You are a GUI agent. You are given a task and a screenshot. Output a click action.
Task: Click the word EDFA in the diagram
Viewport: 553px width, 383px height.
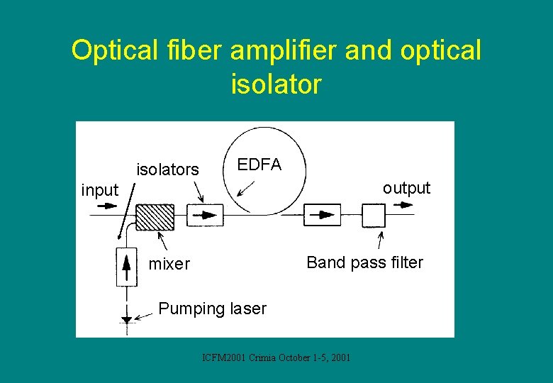click(259, 165)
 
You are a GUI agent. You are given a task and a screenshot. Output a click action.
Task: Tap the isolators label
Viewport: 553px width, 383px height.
click(168, 170)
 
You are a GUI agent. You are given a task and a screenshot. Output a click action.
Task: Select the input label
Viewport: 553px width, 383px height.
click(100, 190)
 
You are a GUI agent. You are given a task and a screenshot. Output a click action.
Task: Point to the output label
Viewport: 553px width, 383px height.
click(406, 188)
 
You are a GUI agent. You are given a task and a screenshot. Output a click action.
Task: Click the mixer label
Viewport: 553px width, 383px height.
click(169, 265)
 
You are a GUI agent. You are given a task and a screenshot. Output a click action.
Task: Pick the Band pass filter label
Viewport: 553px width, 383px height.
click(364, 263)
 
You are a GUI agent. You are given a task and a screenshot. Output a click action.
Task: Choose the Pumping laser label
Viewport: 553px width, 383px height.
click(212, 309)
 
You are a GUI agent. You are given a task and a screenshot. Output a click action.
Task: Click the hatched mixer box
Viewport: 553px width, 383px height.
click(155, 216)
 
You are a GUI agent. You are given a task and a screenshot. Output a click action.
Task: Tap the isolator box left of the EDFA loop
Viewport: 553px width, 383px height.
click(206, 214)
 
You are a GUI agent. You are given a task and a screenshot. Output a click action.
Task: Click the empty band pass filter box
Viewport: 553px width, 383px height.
click(374, 215)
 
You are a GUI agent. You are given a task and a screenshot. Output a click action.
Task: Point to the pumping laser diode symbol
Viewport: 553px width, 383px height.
click(126, 319)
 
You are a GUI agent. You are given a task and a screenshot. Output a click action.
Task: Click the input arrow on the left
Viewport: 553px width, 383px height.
click(106, 206)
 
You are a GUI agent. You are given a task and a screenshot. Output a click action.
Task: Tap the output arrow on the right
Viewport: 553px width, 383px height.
click(405, 205)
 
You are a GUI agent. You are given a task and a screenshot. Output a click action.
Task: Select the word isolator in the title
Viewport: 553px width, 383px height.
click(276, 84)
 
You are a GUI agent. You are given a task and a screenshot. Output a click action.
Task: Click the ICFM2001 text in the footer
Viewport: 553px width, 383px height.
click(222, 357)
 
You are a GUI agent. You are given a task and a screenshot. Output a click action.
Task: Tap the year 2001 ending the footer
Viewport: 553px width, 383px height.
click(340, 357)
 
